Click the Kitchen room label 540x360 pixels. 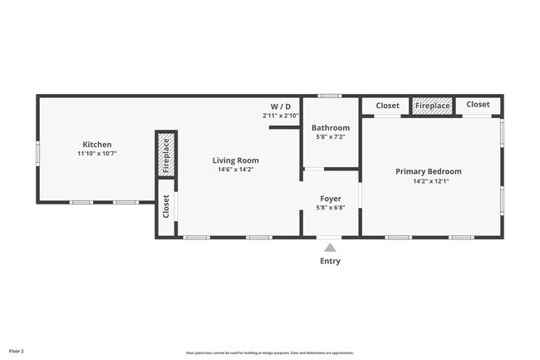tap(96, 145)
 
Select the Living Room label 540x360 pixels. tap(235, 160)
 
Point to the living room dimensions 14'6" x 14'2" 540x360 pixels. tap(235, 170)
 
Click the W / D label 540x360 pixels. tap(280, 106)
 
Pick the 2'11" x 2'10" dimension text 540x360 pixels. tap(280, 116)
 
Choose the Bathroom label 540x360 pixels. tap(331, 128)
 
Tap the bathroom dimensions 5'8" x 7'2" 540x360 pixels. tap(331, 138)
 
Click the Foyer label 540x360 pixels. tap(331, 200)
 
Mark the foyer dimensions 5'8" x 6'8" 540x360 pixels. tap(331, 210)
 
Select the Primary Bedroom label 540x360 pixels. tap(428, 171)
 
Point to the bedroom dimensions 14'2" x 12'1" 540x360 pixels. tap(428, 181)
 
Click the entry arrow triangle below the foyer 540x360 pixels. tap(330, 247)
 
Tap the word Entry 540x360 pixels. tap(330, 261)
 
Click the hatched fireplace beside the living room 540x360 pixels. tap(166, 155)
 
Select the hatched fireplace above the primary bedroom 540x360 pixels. tap(432, 106)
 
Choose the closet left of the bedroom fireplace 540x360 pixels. tap(387, 106)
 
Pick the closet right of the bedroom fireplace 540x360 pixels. tap(478, 105)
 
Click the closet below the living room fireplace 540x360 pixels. tap(166, 208)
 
